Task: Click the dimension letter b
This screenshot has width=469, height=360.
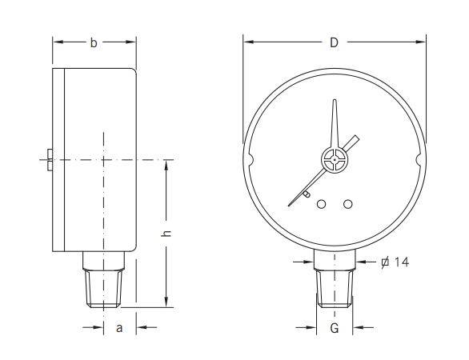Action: pos(94,43)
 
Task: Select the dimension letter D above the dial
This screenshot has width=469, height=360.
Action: pos(334,42)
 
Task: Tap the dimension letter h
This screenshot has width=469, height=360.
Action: pos(166,233)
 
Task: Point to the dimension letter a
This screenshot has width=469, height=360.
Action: pos(119,327)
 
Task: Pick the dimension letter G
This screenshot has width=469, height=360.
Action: pos(335,328)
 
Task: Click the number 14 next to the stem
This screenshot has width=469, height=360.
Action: pos(401,262)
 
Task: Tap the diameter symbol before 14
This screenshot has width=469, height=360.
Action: pos(384,262)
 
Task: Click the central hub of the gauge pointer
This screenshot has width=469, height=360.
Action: pos(334,161)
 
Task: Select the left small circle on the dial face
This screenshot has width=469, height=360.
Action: pos(322,205)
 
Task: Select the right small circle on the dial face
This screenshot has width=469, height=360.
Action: pos(347,205)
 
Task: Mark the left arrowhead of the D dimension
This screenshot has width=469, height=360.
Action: pos(247,42)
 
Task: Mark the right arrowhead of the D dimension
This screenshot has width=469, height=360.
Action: pos(421,42)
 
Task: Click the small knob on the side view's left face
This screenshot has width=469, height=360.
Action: pos(49,161)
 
